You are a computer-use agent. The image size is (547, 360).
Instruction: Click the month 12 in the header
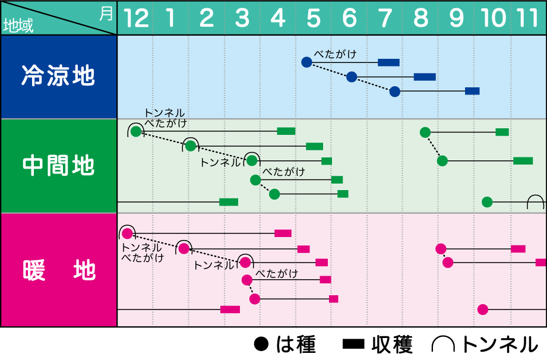click(136, 18)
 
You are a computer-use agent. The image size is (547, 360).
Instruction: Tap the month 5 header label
click(313, 18)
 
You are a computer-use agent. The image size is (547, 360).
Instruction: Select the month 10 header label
click(493, 18)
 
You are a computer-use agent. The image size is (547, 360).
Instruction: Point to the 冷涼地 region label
click(58, 75)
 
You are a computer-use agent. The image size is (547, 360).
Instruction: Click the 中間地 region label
click(58, 165)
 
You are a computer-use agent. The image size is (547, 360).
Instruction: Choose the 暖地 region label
click(59, 270)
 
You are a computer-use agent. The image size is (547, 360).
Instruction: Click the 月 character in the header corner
click(106, 14)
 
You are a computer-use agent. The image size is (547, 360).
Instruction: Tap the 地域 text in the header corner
click(18, 26)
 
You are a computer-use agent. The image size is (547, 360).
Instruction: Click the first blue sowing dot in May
click(306, 62)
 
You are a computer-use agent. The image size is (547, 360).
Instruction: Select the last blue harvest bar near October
click(472, 91)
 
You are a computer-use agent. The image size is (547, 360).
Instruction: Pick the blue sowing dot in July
click(394, 91)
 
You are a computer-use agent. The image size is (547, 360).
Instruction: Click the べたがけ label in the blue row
click(335, 55)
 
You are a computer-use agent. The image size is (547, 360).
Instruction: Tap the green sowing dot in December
click(136, 131)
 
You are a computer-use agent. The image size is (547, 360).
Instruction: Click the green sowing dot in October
click(487, 201)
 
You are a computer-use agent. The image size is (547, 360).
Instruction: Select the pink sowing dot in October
click(483, 309)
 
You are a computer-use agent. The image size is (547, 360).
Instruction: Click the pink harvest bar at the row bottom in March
click(230, 310)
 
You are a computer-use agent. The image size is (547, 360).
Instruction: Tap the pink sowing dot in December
click(127, 233)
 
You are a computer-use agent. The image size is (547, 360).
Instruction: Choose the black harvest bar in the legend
click(353, 345)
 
